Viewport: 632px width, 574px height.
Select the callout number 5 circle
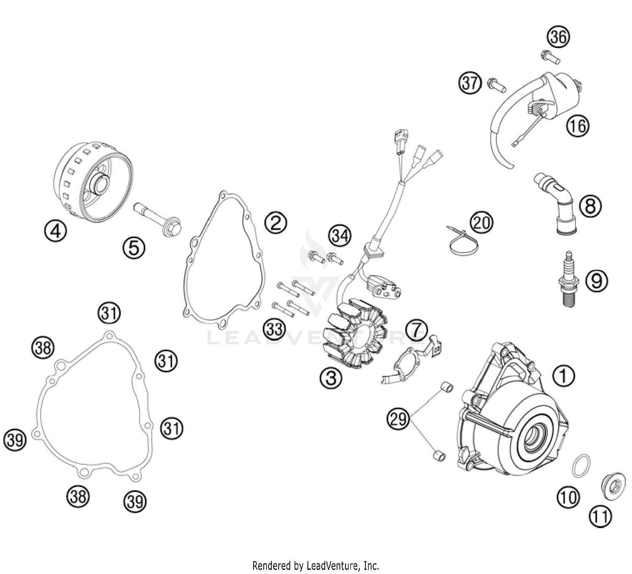[x=134, y=248]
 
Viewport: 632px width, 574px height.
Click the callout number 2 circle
[x=276, y=223]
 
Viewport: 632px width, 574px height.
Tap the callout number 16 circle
[x=577, y=125]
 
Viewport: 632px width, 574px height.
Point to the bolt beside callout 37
[x=496, y=85]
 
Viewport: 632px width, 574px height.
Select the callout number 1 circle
[x=563, y=376]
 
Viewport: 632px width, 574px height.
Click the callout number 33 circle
[x=274, y=329]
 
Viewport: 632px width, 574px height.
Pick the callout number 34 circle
[x=340, y=236]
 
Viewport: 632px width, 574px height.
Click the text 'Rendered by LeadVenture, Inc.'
[x=316, y=565]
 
